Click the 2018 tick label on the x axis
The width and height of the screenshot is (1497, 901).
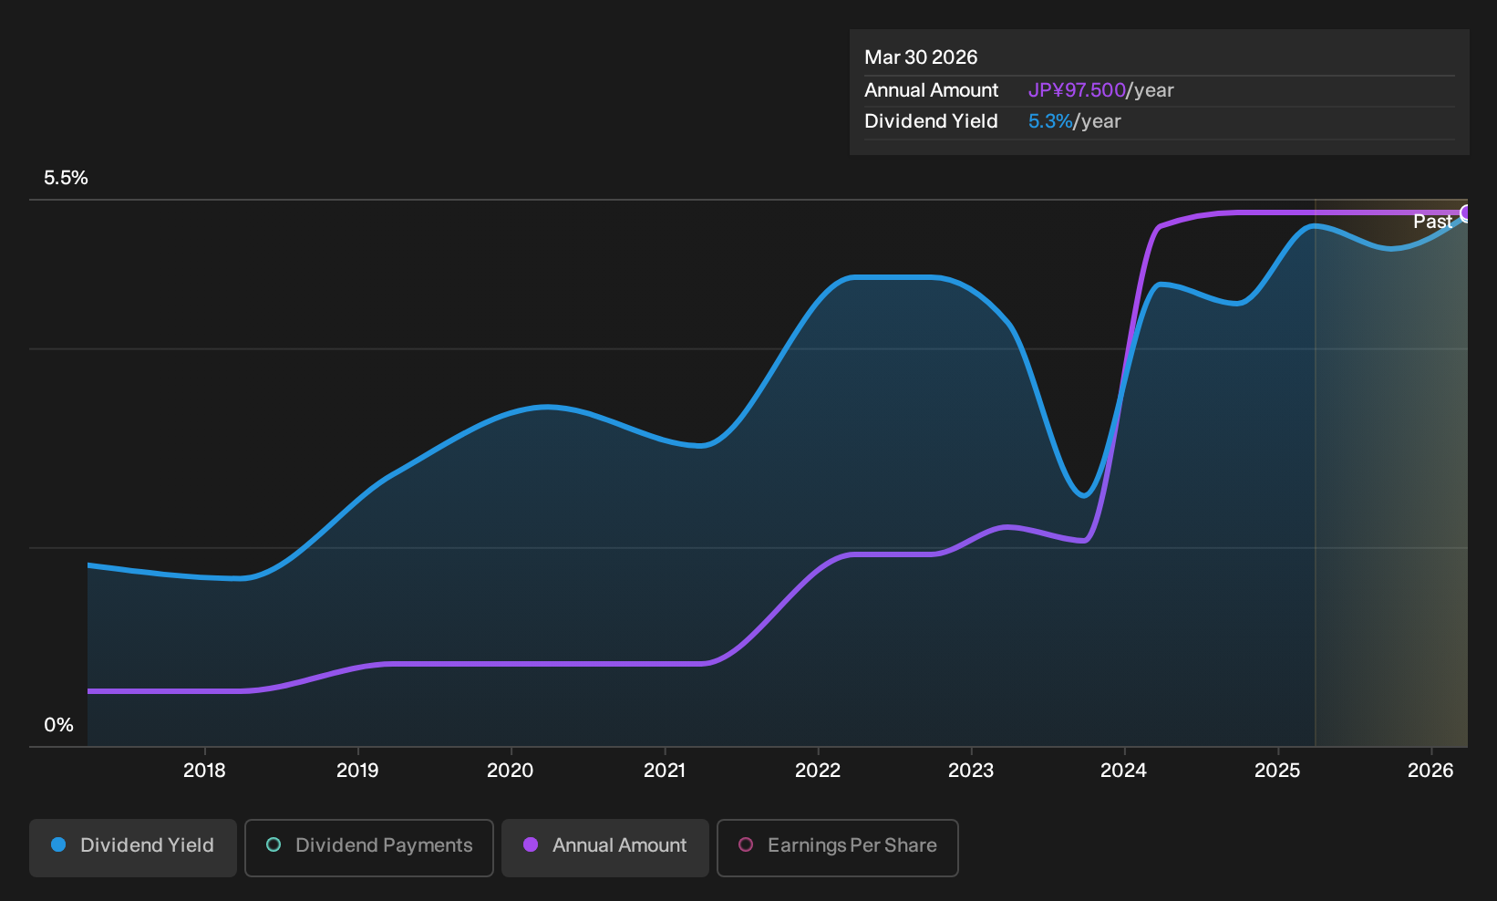(x=204, y=771)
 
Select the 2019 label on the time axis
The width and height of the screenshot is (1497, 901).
(x=357, y=771)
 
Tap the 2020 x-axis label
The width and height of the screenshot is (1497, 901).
(x=511, y=771)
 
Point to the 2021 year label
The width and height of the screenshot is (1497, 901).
(x=665, y=771)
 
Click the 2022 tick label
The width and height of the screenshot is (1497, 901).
(x=818, y=771)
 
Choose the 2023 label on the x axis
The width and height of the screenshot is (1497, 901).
(x=971, y=771)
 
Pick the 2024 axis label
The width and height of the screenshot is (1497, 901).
(x=1124, y=771)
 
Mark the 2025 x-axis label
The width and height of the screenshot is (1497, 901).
(x=1278, y=771)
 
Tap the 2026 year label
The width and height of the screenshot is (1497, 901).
(x=1430, y=771)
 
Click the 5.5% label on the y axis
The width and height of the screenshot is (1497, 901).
(x=66, y=178)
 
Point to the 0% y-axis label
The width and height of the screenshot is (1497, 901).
(x=59, y=725)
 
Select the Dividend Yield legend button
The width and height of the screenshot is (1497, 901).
(x=133, y=847)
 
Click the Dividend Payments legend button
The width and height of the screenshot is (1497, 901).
(x=369, y=847)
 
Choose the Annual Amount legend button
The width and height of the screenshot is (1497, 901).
(x=604, y=847)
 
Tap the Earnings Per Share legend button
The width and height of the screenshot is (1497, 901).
(x=837, y=847)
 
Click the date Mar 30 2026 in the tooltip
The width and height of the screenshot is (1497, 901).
(x=921, y=57)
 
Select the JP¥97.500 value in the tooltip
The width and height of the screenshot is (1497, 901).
(x=1077, y=90)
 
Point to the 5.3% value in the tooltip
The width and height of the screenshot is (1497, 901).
(x=1050, y=121)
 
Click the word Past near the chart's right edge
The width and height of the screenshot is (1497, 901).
(x=1432, y=222)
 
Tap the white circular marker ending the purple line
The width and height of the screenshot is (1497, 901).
(x=1466, y=213)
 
